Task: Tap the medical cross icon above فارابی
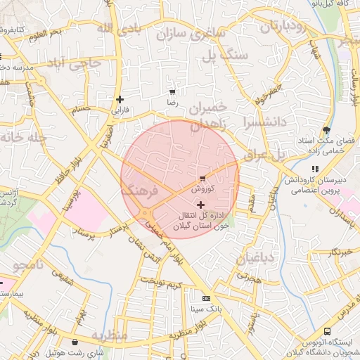(120, 99)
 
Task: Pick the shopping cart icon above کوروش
(202, 179)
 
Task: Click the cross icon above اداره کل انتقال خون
(201, 204)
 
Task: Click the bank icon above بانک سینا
(205, 298)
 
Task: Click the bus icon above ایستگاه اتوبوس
(327, 332)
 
